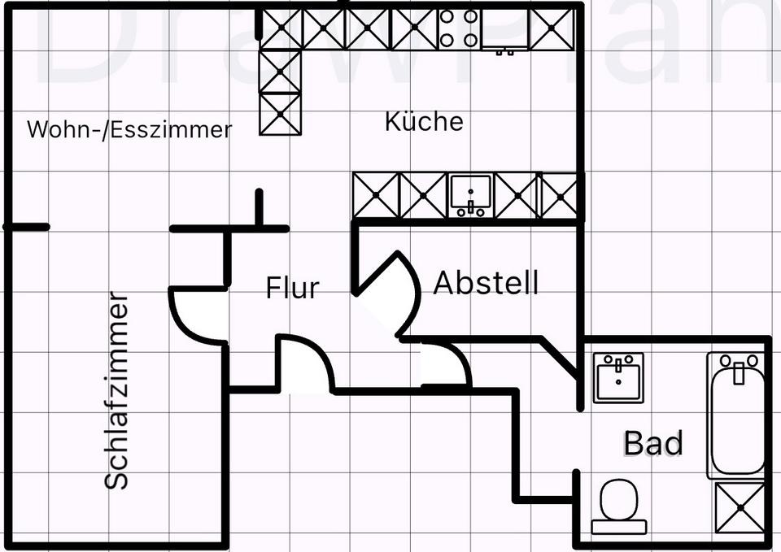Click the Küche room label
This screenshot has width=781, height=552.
(x=424, y=122)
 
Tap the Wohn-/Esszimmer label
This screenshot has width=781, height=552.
(x=129, y=129)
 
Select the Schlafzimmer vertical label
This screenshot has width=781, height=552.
(x=118, y=390)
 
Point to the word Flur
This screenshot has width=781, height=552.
(x=292, y=288)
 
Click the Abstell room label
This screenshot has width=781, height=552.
(x=486, y=283)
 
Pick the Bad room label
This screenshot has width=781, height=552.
(x=652, y=444)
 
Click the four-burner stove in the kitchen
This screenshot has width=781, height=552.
(x=460, y=28)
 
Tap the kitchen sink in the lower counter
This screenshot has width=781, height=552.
(x=470, y=196)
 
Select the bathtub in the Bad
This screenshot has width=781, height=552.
(x=738, y=415)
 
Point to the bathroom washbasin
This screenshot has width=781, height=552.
(x=618, y=376)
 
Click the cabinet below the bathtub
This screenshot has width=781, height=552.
(x=740, y=508)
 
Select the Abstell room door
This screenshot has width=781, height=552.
(x=390, y=293)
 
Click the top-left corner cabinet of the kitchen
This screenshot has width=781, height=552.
(x=281, y=29)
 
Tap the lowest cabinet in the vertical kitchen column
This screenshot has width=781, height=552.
(x=281, y=113)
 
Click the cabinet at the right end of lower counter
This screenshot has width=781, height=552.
(x=559, y=196)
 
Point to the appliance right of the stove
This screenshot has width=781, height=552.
(x=506, y=30)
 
